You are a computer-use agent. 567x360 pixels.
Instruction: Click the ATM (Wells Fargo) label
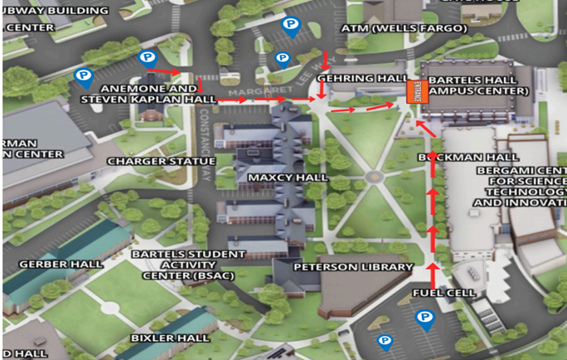coord(405,27)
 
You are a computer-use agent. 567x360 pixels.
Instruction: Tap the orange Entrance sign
coord(415,90)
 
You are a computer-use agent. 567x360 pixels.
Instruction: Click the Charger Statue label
coord(162,161)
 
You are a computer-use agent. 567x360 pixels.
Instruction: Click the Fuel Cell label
coord(444,293)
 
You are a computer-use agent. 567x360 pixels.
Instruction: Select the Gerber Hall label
coord(61,264)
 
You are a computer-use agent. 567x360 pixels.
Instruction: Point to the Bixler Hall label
coord(170,338)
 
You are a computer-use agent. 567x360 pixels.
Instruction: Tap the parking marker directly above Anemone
coord(148,58)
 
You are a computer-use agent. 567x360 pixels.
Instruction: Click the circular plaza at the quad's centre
coord(373,177)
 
